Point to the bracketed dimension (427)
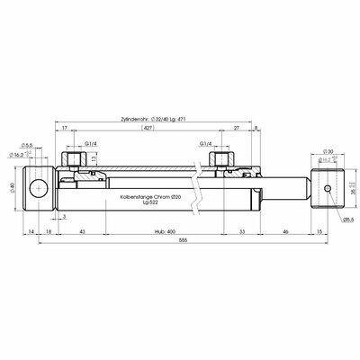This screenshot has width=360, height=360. (147, 130)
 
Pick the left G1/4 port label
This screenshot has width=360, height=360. (91, 143)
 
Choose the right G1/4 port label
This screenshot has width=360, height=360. (206, 143)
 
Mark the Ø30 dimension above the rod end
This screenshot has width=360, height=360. (328, 152)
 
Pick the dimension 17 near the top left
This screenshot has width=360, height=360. (66, 130)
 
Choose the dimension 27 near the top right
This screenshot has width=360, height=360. (236, 130)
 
